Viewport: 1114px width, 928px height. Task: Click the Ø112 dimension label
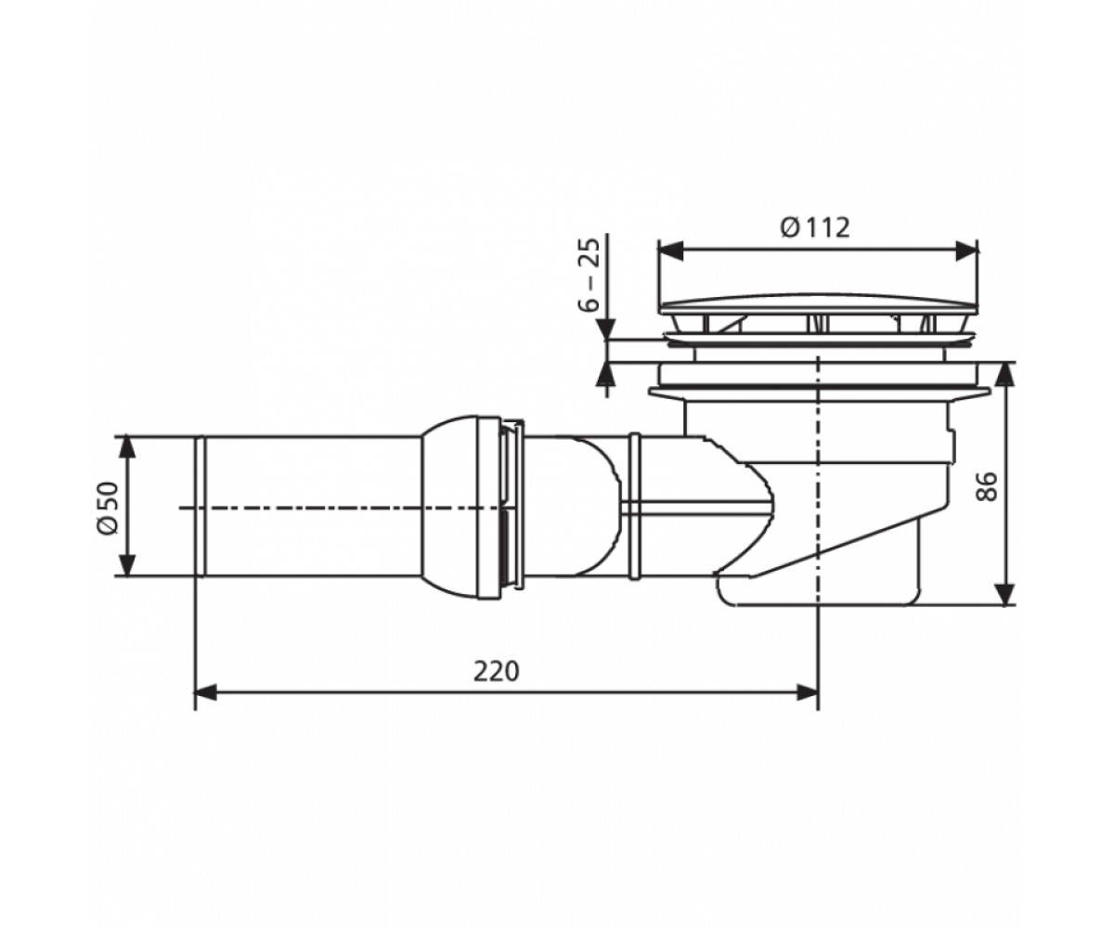click(x=814, y=228)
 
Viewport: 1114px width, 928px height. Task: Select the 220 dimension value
click(x=496, y=672)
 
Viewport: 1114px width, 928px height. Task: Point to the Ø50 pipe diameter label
click(x=108, y=508)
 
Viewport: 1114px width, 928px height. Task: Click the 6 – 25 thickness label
click(x=589, y=275)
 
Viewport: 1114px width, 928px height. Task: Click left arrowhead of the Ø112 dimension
click(x=670, y=251)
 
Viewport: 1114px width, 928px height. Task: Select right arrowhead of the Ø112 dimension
click(x=966, y=251)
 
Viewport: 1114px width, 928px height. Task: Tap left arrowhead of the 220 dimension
click(x=206, y=693)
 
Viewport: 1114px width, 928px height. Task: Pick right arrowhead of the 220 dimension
click(x=807, y=693)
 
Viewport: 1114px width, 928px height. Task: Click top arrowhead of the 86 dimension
click(x=1005, y=374)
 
